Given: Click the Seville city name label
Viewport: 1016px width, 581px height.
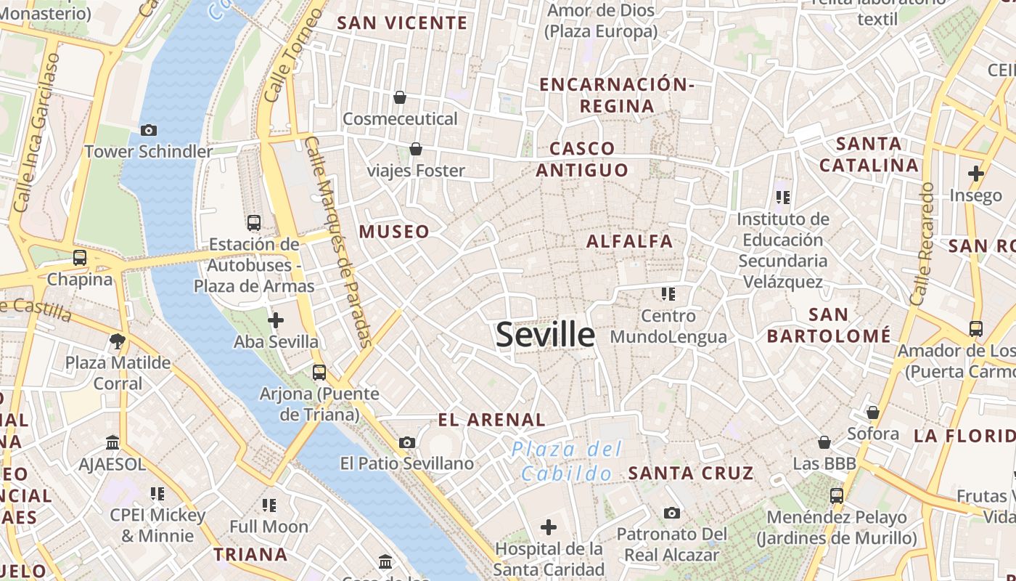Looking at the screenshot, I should click(546, 335).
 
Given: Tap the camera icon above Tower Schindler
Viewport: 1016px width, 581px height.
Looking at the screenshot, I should click(149, 131).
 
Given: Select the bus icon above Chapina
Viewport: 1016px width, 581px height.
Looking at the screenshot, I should click(80, 258).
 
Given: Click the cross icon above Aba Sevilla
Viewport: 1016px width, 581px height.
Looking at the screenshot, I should click(276, 320).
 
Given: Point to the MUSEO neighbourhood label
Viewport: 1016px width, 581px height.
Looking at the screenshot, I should click(394, 232).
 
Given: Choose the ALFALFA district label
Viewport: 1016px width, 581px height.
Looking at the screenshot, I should click(629, 241).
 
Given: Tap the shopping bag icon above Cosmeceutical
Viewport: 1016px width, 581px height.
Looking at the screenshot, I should click(399, 97).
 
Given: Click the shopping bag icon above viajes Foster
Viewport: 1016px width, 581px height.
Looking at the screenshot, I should click(416, 150).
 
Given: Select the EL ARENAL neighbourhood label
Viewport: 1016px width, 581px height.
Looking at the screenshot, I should click(491, 420).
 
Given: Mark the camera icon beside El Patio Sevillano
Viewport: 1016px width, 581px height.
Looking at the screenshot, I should click(407, 442).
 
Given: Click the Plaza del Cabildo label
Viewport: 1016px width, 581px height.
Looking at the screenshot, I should click(567, 461).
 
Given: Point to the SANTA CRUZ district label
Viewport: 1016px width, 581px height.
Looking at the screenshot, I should click(691, 474).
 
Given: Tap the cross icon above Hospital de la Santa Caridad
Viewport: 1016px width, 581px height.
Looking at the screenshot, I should click(549, 527).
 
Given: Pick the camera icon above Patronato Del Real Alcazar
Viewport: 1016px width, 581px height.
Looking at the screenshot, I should click(672, 513).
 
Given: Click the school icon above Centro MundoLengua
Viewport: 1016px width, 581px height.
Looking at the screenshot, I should click(668, 294).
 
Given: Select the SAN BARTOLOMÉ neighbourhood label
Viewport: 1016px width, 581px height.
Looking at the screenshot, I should click(828, 325).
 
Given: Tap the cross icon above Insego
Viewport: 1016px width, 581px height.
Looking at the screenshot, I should click(975, 174).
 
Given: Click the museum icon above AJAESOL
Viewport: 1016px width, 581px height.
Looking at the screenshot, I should click(112, 442).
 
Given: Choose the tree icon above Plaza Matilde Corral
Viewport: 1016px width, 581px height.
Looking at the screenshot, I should click(117, 341).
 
